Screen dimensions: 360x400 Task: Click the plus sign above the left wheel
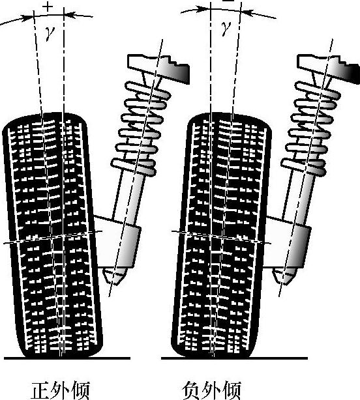tap(48, 7)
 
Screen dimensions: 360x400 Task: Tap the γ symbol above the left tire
tap(50, 33)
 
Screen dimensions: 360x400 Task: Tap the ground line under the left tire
tap(67, 358)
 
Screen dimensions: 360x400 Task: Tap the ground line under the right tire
tap(234, 358)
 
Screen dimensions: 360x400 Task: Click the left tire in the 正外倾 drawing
tap(53, 235)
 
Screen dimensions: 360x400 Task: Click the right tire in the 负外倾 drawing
tap(222, 235)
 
